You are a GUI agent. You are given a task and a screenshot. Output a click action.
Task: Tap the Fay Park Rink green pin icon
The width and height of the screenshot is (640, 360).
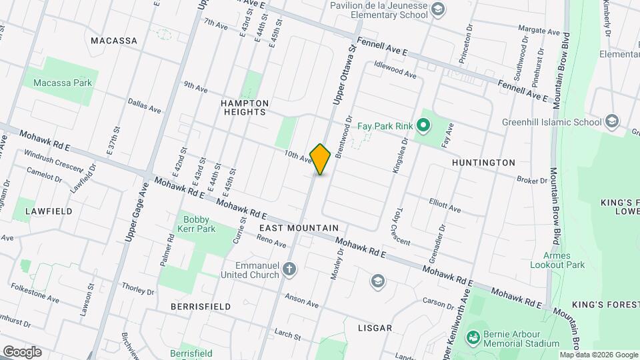(422, 125)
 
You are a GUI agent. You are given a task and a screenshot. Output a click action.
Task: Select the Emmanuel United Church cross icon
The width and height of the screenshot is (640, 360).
(289, 269)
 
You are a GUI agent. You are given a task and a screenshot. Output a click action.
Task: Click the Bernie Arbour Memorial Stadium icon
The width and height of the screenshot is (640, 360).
(473, 337)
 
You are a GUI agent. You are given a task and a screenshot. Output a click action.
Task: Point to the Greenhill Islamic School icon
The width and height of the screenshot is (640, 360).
(612, 121)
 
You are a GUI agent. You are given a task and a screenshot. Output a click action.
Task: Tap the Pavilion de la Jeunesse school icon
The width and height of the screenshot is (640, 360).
(437, 9)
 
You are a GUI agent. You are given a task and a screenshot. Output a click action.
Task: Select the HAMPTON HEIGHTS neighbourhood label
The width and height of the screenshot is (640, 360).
(245, 107)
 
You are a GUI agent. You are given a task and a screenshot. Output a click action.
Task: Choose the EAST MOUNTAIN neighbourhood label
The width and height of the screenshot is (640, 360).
(294, 228)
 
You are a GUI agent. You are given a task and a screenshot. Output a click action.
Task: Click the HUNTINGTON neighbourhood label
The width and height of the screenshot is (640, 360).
(483, 162)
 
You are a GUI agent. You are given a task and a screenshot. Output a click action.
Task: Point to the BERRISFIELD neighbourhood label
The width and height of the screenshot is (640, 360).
(200, 307)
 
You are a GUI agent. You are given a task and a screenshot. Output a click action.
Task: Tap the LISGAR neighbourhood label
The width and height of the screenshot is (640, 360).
(375, 328)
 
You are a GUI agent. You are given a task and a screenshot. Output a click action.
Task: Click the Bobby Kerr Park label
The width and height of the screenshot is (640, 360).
(197, 224)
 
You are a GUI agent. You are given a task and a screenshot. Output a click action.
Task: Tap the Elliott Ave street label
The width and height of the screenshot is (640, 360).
(445, 208)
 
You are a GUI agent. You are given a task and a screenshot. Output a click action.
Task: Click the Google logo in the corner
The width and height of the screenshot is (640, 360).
(21, 351)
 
